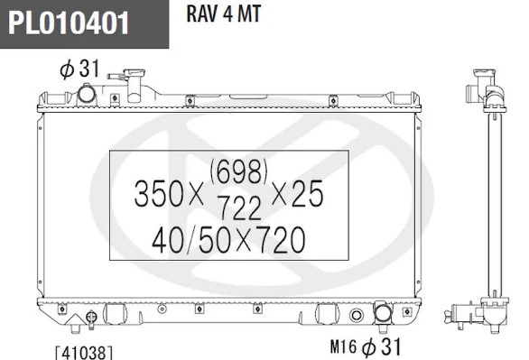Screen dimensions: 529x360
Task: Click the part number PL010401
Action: pos(69,23)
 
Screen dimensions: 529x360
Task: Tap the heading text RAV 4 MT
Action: pos(224,14)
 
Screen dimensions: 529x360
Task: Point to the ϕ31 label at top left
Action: pos(79,69)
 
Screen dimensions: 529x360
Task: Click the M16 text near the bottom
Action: pos(343,346)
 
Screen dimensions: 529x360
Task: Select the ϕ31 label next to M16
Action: pos(381,346)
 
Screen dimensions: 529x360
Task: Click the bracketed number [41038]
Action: pos(84,353)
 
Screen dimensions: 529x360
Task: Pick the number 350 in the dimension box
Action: pos(158,193)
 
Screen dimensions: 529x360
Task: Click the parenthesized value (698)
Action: pos(239,171)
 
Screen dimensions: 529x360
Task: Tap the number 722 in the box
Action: pos(240,208)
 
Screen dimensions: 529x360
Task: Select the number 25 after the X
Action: pos(307,193)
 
